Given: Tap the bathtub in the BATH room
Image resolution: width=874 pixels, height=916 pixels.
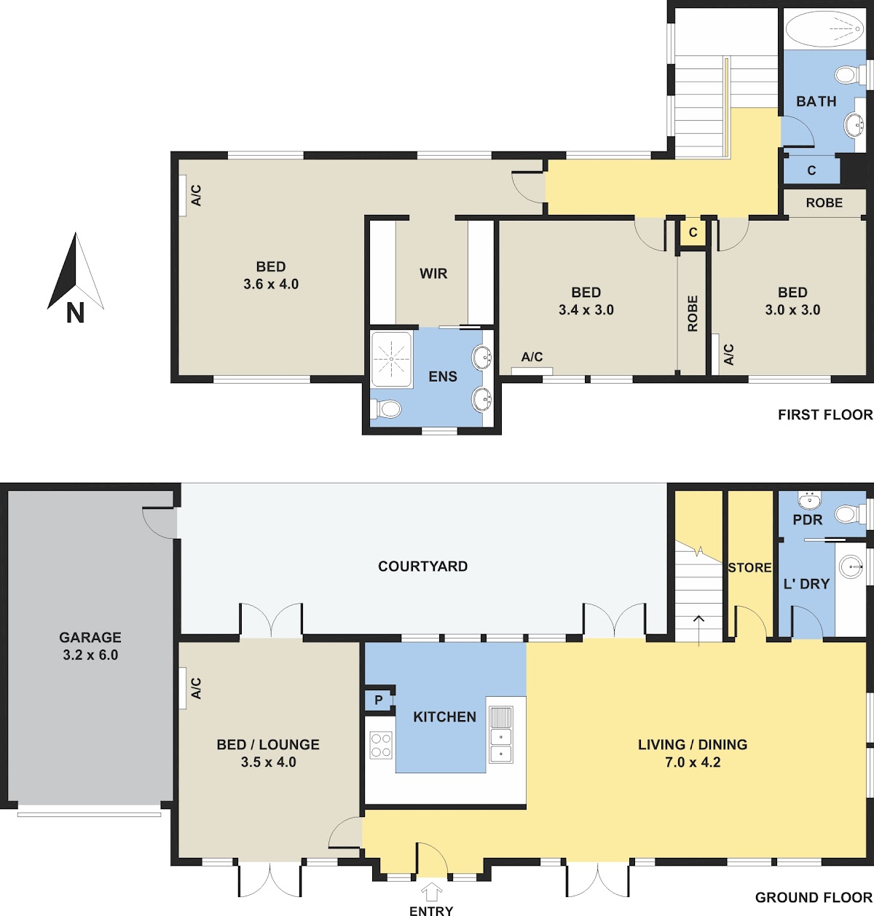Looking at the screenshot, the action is (x=824, y=29).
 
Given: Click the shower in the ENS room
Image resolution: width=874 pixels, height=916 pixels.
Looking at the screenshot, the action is (x=392, y=359).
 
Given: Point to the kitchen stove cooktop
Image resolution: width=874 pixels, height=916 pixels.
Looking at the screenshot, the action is (x=381, y=745).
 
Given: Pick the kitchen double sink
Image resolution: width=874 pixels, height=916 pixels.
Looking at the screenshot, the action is (x=500, y=735).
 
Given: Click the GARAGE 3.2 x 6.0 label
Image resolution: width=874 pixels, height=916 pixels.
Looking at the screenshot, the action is (x=90, y=646).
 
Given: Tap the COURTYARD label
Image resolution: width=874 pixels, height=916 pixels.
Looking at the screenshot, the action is (x=422, y=566).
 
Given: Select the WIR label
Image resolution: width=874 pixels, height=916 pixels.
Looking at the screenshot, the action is (x=433, y=274).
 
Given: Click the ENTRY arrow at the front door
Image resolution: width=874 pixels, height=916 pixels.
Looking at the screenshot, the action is (x=432, y=891).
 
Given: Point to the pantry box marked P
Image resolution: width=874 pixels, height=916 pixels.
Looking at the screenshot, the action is (x=379, y=699).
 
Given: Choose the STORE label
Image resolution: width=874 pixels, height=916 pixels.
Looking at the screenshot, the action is (x=749, y=567).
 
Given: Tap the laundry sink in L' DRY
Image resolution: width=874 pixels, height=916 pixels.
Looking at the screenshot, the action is (x=851, y=567).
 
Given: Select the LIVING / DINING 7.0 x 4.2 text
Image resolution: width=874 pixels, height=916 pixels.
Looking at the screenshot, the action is (x=692, y=753).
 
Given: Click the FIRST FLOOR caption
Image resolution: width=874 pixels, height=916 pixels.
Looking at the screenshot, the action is (x=825, y=414).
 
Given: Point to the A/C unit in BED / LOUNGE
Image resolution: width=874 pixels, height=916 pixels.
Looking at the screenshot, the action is (x=182, y=688).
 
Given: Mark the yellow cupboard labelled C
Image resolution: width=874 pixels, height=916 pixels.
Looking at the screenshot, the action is (x=693, y=232).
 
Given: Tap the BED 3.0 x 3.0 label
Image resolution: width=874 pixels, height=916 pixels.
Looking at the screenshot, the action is (x=792, y=301).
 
